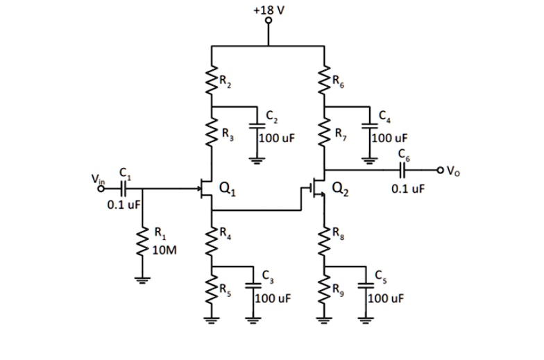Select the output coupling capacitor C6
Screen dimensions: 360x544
click(402, 169)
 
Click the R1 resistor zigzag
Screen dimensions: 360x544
click(144, 243)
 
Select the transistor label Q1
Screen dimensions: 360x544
click(226, 185)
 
